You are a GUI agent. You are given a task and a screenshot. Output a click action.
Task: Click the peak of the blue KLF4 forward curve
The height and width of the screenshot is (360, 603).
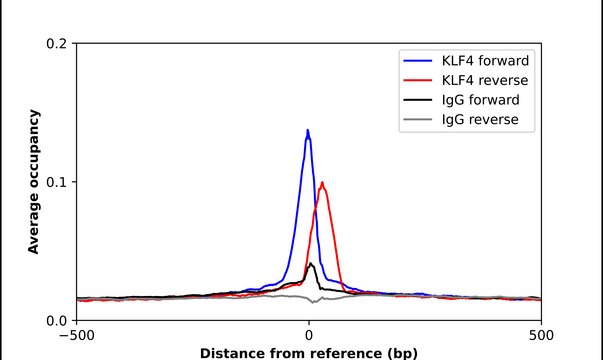[307, 130]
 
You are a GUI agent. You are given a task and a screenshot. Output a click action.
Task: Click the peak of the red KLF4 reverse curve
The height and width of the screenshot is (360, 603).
[322, 183]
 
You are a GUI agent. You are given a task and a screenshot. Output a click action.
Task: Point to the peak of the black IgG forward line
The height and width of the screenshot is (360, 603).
[311, 264]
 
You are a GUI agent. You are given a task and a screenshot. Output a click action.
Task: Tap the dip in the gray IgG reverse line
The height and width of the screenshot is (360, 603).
[314, 301]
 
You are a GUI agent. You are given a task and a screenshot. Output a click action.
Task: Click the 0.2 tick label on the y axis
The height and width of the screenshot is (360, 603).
[58, 44]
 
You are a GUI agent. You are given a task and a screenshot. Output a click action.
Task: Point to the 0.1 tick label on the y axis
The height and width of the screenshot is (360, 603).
[58, 182]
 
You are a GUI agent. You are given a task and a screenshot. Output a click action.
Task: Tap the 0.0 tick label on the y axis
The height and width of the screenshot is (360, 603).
[58, 320]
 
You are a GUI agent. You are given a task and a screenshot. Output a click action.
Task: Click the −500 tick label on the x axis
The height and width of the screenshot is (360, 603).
[76, 335]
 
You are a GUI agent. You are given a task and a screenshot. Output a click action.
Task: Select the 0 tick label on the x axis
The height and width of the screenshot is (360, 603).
[309, 335]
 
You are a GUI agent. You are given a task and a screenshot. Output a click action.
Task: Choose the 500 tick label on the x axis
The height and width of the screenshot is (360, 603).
[541, 335]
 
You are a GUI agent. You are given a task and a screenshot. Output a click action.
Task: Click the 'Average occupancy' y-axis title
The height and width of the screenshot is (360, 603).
[34, 182]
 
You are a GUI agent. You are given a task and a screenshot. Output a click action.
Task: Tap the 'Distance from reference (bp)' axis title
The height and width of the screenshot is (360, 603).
[309, 352]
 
